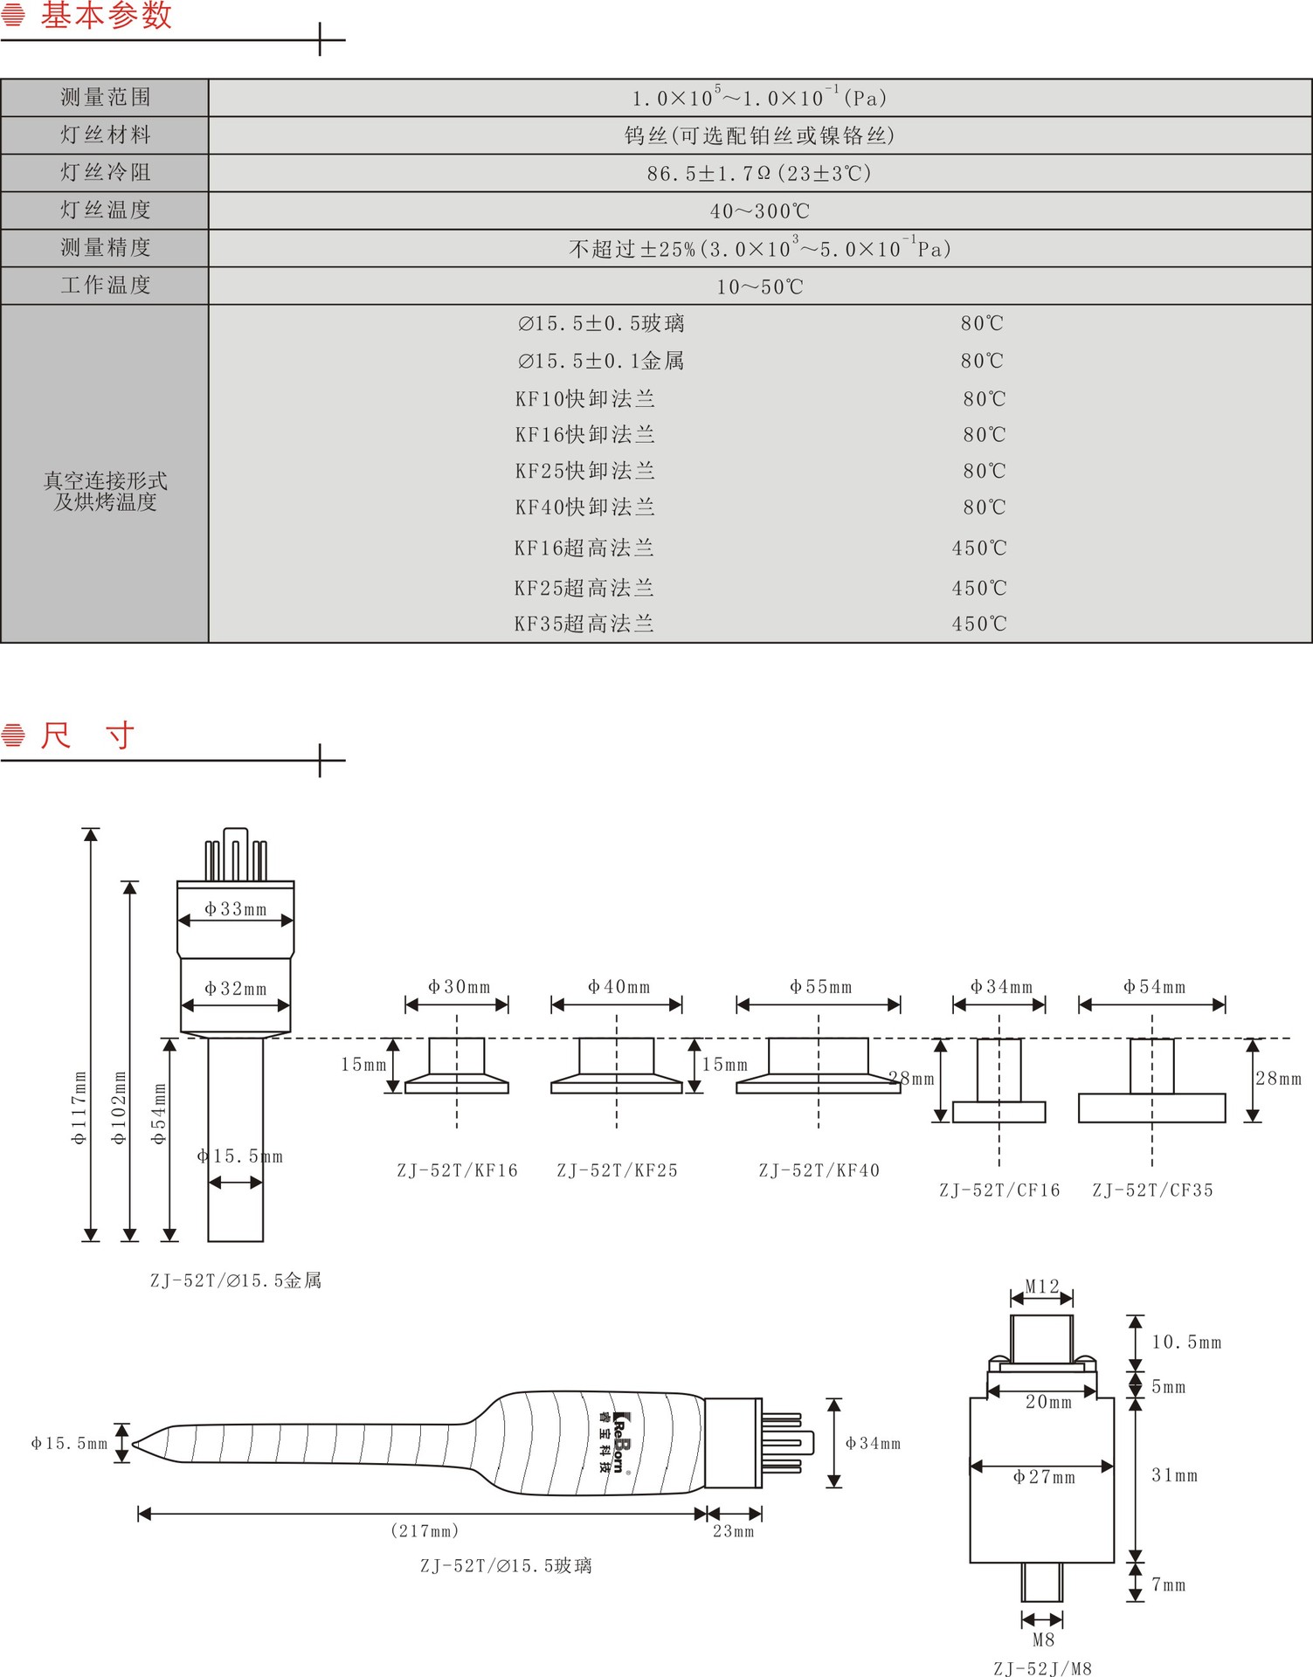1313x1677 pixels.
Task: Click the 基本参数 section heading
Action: click(x=106, y=16)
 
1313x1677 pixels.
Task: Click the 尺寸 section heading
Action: click(x=87, y=735)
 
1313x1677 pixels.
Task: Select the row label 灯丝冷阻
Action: click(x=106, y=172)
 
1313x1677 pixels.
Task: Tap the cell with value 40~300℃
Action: click(x=759, y=211)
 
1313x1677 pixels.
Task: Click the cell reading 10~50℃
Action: click(x=759, y=286)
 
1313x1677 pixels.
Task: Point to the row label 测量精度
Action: click(x=106, y=248)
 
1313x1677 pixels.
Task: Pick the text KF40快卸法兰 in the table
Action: click(x=584, y=507)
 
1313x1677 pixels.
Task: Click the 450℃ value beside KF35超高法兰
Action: click(x=979, y=624)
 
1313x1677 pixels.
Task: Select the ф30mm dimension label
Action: click(x=459, y=987)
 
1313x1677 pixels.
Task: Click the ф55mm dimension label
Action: click(x=820, y=987)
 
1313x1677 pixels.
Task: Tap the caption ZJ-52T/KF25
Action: click(x=617, y=1170)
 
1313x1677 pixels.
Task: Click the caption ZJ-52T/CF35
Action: click(x=1152, y=1190)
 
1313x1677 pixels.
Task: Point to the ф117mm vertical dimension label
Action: click(x=79, y=1108)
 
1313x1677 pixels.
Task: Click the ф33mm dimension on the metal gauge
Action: click(x=235, y=909)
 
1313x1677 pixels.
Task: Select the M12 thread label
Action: click(x=1041, y=1287)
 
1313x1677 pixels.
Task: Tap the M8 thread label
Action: click(x=1043, y=1639)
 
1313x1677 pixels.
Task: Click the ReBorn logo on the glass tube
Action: click(x=618, y=1442)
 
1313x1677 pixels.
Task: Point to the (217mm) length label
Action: click(x=425, y=1531)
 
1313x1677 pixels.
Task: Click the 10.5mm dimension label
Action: click(x=1185, y=1342)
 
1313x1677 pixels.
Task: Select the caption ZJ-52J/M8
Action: click(x=1042, y=1668)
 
